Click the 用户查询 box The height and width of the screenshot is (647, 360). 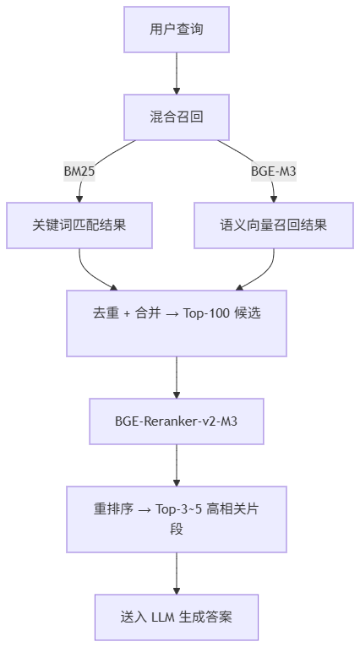(x=177, y=30)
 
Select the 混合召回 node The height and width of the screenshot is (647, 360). (x=177, y=117)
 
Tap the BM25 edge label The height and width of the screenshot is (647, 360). (x=79, y=171)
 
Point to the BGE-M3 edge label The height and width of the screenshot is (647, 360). (x=273, y=171)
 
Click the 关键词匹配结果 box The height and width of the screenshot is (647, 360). (x=79, y=226)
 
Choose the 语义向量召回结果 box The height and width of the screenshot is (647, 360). (x=273, y=226)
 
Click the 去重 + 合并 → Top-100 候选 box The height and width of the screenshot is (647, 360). (x=177, y=323)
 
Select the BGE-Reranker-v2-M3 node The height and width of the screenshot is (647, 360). (x=177, y=421)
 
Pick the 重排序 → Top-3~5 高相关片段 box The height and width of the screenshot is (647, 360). (x=177, y=519)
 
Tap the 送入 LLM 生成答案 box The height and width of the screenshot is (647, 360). (x=177, y=617)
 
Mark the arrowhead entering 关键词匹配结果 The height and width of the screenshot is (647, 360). (x=79, y=198)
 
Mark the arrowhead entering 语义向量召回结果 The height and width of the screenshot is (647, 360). (x=273, y=198)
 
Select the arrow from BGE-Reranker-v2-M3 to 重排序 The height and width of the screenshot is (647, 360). (x=177, y=465)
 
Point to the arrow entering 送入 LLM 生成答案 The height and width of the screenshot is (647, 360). (x=177, y=574)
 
